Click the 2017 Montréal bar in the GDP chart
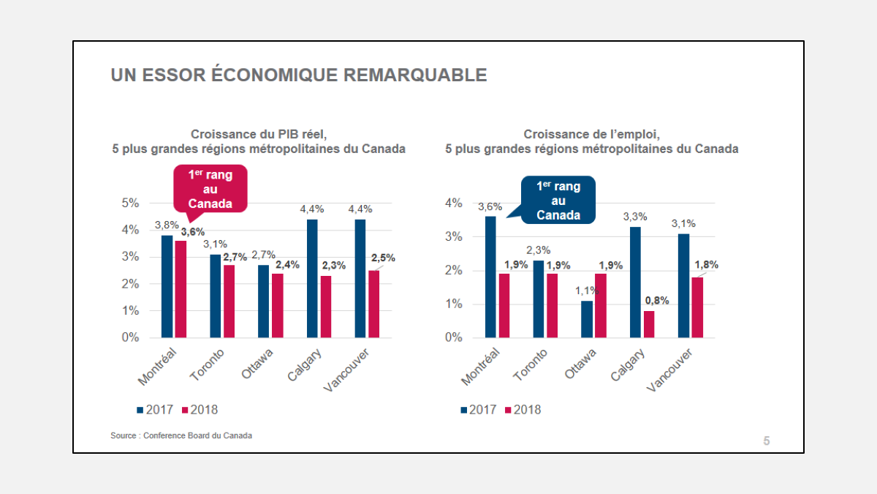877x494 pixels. pyautogui.click(x=167, y=286)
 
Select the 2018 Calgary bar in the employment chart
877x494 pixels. pyautogui.click(x=649, y=324)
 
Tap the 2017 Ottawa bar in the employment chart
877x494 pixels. pyautogui.click(x=587, y=319)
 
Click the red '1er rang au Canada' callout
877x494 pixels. pyautogui.click(x=210, y=188)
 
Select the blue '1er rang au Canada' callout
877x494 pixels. pyautogui.click(x=558, y=200)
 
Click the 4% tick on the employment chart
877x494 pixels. pyautogui.click(x=453, y=203)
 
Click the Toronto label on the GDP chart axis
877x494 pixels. pyautogui.click(x=207, y=365)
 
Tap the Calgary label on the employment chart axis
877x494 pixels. pyautogui.click(x=629, y=365)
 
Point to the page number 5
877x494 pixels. pyautogui.click(x=766, y=441)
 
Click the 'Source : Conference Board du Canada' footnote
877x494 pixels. pyautogui.click(x=181, y=435)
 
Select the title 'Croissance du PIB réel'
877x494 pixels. pyautogui.click(x=258, y=134)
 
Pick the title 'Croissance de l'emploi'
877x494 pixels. pyautogui.click(x=592, y=134)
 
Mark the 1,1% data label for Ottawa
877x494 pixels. pyautogui.click(x=587, y=291)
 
